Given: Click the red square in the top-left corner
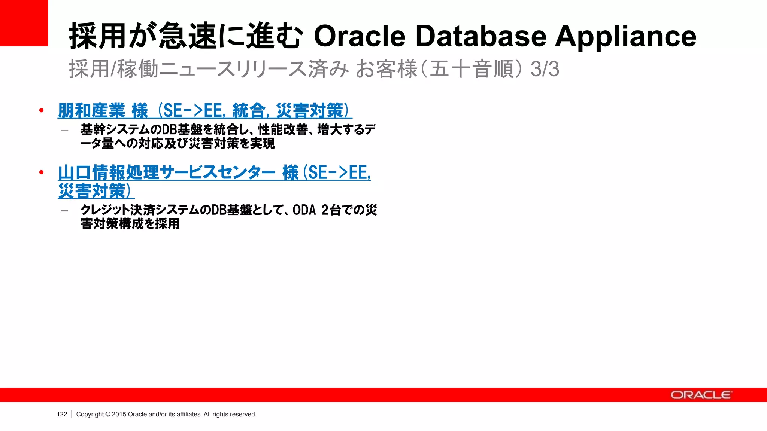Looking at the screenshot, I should point(24,22).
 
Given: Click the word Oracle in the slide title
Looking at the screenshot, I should point(360,36).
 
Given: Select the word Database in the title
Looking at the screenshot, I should point(481,36).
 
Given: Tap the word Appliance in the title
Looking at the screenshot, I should point(625,36).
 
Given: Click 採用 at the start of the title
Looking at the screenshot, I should point(97,36).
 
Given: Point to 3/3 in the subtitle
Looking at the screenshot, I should point(545,69).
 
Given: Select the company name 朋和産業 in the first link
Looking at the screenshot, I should point(92,111).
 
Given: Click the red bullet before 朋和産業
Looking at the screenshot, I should point(41,110).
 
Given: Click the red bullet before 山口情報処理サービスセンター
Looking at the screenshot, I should point(41,172).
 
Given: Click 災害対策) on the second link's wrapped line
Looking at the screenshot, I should point(96,191).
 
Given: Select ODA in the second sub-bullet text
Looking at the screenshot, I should point(304,210).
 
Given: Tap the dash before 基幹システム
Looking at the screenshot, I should point(64,131).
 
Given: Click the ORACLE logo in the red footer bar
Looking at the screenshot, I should point(700,395).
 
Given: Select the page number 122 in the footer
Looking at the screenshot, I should point(62,414).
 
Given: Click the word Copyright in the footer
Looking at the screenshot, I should point(90,414).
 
